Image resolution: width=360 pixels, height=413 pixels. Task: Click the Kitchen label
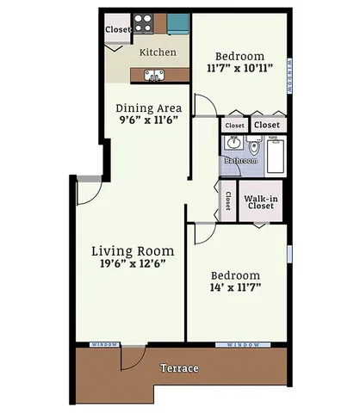158,52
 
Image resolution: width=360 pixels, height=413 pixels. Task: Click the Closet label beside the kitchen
117,30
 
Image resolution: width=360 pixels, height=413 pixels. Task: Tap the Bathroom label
240,161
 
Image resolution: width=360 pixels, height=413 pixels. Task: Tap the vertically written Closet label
227,201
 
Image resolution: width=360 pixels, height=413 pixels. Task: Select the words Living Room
133,251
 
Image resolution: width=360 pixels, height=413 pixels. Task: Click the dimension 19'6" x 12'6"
133,266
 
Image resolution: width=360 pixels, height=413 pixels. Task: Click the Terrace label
179,368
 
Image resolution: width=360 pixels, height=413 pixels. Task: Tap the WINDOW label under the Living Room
106,344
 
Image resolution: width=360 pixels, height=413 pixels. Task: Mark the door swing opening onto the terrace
131,356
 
